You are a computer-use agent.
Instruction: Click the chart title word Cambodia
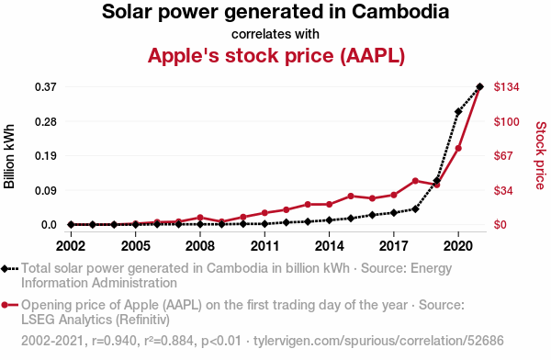click(x=400, y=12)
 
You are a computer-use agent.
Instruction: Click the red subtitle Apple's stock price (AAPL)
click(x=276, y=55)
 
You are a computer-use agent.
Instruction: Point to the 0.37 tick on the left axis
click(x=46, y=86)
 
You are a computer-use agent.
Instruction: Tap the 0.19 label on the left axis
click(x=46, y=155)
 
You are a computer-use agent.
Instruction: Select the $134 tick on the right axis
click(x=506, y=86)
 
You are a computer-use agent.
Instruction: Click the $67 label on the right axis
click(x=503, y=155)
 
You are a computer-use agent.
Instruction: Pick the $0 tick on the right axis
click(x=500, y=224)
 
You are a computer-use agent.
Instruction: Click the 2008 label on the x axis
click(x=200, y=246)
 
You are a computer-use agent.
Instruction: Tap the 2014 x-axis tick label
click(x=329, y=246)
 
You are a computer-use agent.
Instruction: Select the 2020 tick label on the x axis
click(x=458, y=246)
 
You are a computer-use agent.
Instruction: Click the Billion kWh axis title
click(x=9, y=156)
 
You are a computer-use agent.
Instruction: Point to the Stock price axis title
click(x=541, y=155)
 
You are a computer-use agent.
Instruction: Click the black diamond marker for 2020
click(x=458, y=112)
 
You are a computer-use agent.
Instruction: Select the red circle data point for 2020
click(x=458, y=149)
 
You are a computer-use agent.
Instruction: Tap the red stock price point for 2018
click(x=415, y=181)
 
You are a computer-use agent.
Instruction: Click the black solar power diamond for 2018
click(x=415, y=209)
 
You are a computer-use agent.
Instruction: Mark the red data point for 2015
click(x=351, y=196)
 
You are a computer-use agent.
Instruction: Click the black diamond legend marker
click(x=5, y=269)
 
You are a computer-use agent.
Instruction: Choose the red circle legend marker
click(x=5, y=305)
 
